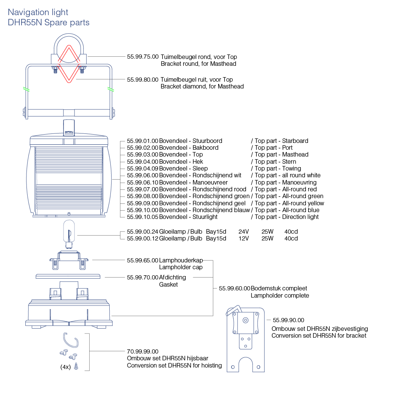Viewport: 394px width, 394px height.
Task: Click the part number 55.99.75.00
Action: (x=143, y=57)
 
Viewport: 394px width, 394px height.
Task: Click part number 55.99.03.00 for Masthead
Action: (x=143, y=155)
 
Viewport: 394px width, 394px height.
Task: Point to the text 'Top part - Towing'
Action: (x=278, y=169)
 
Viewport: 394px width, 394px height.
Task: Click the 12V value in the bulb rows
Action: (x=244, y=239)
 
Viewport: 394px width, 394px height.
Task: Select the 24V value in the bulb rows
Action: (x=244, y=231)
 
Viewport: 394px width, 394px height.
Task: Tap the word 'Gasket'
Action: (x=168, y=284)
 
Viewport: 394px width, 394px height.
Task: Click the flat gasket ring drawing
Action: (x=68, y=276)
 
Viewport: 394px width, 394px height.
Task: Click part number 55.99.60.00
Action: (x=234, y=289)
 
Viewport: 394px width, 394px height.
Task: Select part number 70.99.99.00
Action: (x=143, y=352)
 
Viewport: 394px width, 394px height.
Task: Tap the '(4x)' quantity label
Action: (x=65, y=367)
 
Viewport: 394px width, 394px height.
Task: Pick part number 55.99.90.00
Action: (x=288, y=320)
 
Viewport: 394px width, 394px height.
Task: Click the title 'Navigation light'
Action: (x=38, y=12)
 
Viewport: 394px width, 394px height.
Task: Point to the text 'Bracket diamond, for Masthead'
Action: (x=202, y=87)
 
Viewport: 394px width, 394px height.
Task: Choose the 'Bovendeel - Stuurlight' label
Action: (x=188, y=217)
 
